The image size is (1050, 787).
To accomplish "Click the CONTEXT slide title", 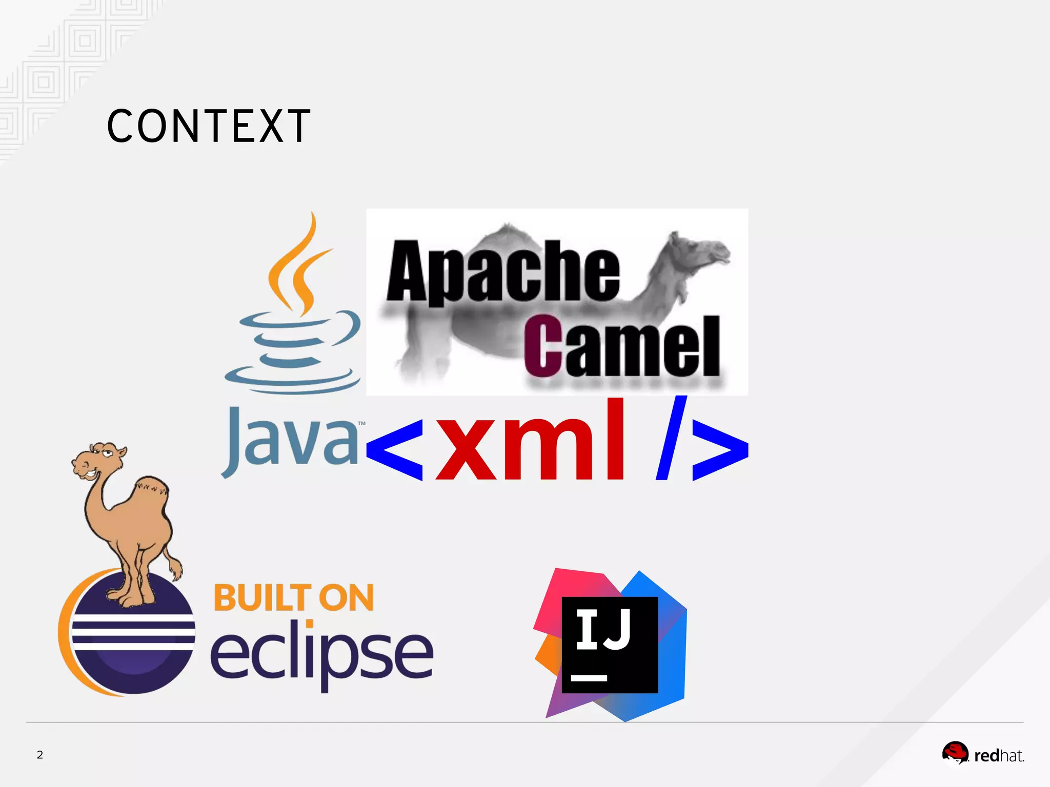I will [208, 126].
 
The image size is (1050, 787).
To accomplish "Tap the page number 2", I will [40, 755].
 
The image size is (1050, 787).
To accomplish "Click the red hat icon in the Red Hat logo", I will [955, 752].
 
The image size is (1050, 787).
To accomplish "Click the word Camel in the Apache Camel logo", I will [621, 347].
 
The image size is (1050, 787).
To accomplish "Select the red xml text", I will [531, 441].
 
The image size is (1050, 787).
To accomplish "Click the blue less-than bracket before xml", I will [395, 449].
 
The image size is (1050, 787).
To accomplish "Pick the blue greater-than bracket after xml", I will [720, 449].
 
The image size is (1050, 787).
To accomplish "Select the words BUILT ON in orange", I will [294, 598].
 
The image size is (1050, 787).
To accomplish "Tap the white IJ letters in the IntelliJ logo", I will [603, 630].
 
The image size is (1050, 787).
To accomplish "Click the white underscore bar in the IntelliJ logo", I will [589, 678].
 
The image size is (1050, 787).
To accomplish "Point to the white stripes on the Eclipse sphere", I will [133, 632].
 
